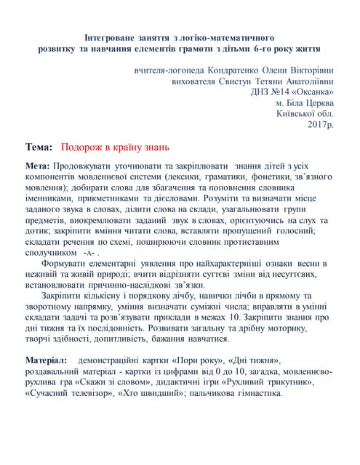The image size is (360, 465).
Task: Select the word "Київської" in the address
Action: pyautogui.click(x=297, y=114)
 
